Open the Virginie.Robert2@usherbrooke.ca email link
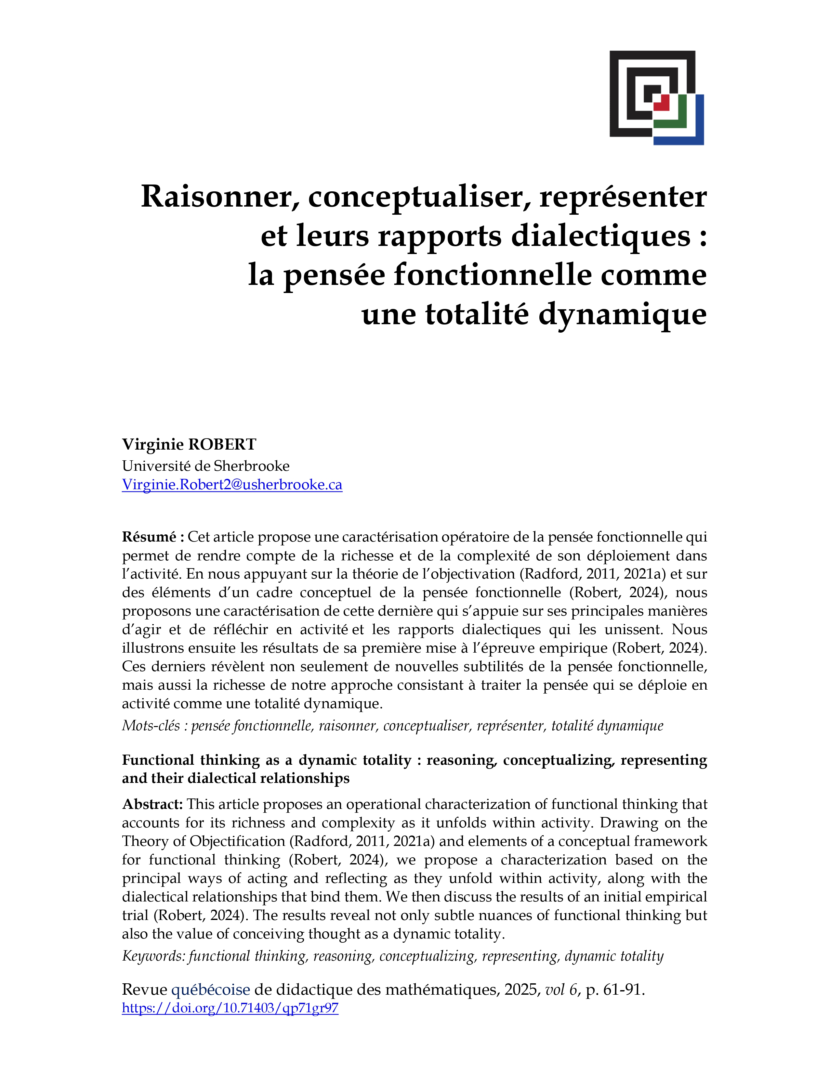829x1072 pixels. [x=232, y=484]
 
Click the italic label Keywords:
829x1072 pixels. [x=153, y=956]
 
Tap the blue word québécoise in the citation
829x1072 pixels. [x=210, y=989]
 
